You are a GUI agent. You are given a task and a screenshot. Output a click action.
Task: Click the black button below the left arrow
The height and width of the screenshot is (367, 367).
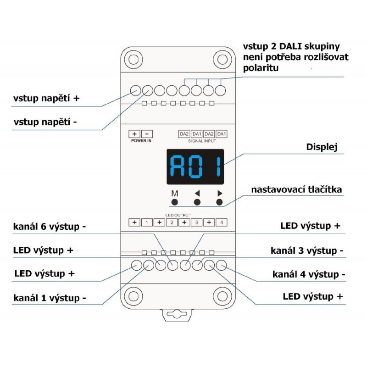pyautogui.click(x=197, y=202)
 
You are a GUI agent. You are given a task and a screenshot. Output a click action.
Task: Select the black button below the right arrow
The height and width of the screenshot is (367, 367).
pyautogui.click(x=219, y=202)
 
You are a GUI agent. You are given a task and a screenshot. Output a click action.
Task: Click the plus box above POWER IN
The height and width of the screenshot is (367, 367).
pyautogui.click(x=134, y=134)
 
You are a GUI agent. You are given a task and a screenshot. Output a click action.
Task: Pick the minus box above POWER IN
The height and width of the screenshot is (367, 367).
pyautogui.click(x=147, y=134)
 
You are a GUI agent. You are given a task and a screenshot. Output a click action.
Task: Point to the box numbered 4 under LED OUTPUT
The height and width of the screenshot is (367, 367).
pyautogui.click(x=221, y=222)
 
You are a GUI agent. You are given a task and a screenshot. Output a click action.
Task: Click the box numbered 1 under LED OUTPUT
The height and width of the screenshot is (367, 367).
pyautogui.click(x=146, y=222)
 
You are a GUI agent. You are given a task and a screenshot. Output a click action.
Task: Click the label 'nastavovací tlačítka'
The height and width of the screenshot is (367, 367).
pyautogui.click(x=296, y=189)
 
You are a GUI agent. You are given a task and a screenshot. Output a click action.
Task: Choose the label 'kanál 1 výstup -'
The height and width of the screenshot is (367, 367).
pyautogui.click(x=50, y=297)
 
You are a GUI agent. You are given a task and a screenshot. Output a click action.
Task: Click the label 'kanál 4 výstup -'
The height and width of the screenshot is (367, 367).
pyautogui.click(x=308, y=274)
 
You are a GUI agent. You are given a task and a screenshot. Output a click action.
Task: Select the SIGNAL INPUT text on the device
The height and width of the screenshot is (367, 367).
pyautogui.click(x=202, y=141)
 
